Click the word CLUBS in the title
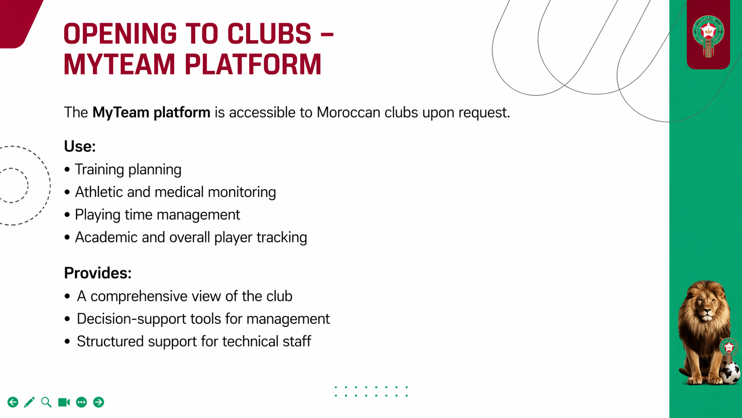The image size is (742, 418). tap(269, 34)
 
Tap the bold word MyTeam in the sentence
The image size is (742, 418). tap(121, 112)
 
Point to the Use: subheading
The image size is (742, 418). tap(80, 147)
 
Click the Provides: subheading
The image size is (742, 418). tap(98, 273)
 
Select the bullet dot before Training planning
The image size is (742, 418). tap(67, 170)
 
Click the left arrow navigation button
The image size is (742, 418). tap(13, 402)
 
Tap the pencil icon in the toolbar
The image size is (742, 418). tap(29, 402)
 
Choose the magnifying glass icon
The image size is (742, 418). tap(46, 402)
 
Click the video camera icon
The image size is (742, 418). tap(64, 402)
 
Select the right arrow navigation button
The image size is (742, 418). tap(99, 402)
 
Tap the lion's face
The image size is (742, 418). tap(705, 307)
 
